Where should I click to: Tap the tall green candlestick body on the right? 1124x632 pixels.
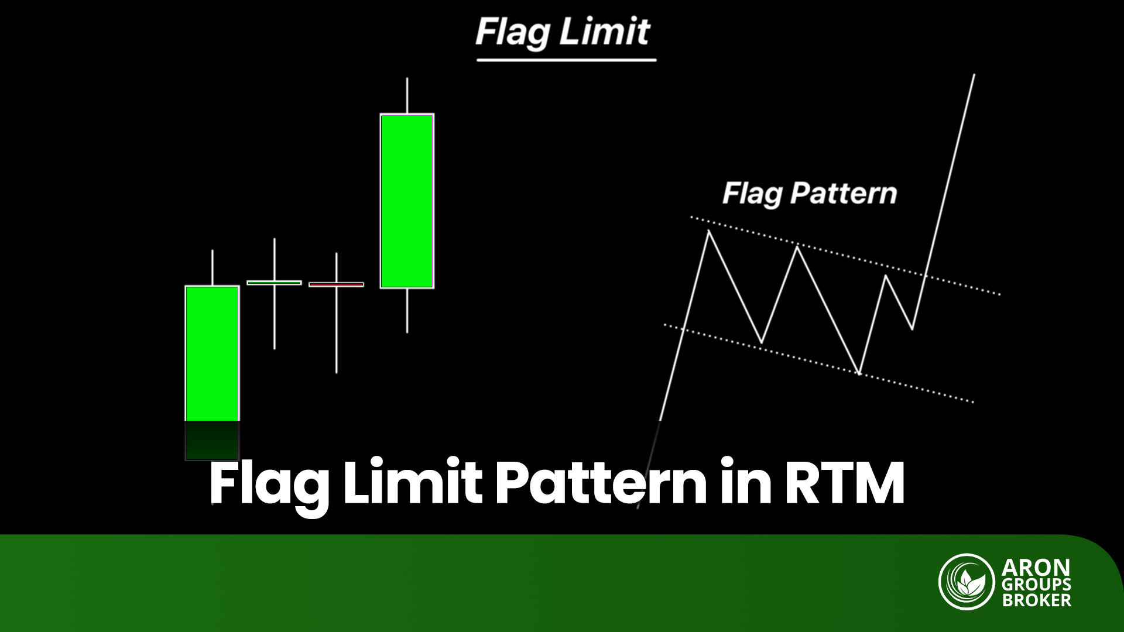click(x=407, y=201)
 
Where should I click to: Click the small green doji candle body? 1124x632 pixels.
click(x=274, y=283)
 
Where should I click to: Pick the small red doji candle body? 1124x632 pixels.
click(x=336, y=284)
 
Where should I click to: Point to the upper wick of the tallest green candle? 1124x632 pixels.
click(x=407, y=95)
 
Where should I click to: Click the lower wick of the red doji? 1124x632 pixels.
click(x=336, y=330)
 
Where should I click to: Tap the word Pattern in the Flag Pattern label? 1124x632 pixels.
click(x=843, y=193)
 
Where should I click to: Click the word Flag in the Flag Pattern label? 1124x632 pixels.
click(x=752, y=194)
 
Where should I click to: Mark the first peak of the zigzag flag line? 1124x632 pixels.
click(x=709, y=231)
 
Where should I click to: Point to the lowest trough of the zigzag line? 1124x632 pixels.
click(x=859, y=372)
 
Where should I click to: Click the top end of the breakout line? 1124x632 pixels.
click(x=974, y=74)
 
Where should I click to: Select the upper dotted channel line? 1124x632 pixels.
click(x=845, y=256)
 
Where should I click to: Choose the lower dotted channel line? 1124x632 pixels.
click(x=818, y=363)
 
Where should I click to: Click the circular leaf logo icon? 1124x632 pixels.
click(x=967, y=582)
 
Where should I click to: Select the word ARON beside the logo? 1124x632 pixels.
click(x=1036, y=568)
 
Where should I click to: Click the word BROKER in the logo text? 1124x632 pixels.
click(x=1037, y=600)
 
